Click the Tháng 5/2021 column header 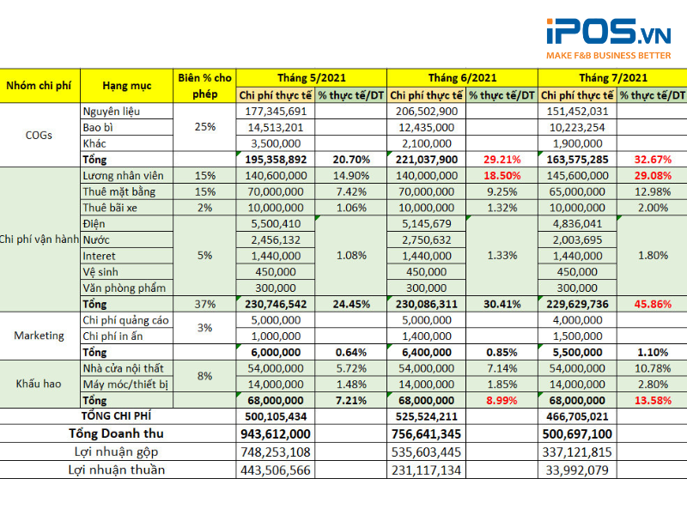click(x=311, y=76)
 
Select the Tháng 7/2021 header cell click(x=614, y=76)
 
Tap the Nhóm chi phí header click(x=40, y=86)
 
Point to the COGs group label click(x=40, y=135)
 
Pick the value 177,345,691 click(x=275, y=112)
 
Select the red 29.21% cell click(x=502, y=160)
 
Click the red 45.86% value click(x=654, y=304)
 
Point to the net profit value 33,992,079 click(x=576, y=470)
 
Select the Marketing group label click(x=40, y=336)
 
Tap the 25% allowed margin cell click(x=205, y=127)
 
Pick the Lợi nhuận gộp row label click(x=117, y=451)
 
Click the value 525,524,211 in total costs click(x=427, y=416)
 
